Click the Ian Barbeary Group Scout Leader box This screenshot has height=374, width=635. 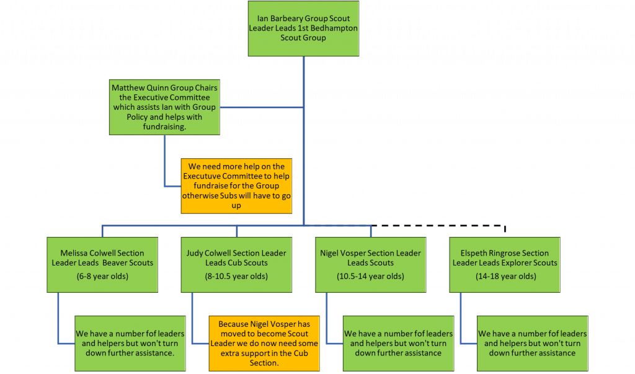tap(303, 29)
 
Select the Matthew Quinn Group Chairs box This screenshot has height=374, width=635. tap(164, 107)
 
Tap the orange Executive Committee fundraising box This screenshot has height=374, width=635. tap(236, 186)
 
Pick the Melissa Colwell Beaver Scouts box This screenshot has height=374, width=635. tap(102, 265)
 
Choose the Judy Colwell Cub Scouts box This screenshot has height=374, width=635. tap(236, 265)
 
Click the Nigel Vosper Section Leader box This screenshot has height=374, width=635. tap(371, 265)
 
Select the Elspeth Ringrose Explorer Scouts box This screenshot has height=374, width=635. tap(505, 265)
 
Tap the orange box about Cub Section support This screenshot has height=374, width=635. tap(264, 344)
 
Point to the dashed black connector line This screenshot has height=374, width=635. tap(438, 226)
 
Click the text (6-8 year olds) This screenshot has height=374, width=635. tap(102, 277)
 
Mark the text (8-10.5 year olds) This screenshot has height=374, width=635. tap(236, 277)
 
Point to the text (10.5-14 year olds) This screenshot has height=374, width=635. tap(371, 277)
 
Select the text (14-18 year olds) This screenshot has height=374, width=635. tap(506, 277)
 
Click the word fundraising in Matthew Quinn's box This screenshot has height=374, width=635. tap(164, 127)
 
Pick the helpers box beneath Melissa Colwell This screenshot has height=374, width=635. tap(130, 344)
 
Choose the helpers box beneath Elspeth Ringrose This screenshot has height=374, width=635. tap(532, 344)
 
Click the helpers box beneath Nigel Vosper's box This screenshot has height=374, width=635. tap(398, 344)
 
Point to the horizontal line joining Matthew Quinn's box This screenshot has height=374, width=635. tap(262, 107)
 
